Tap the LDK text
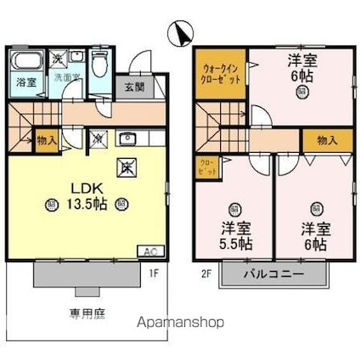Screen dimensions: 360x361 tap(83, 188)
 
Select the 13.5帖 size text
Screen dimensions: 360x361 tap(87, 204)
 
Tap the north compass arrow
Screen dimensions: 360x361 tap(178, 33)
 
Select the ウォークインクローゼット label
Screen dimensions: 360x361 tap(220, 70)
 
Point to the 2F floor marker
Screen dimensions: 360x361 tap(206, 273)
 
